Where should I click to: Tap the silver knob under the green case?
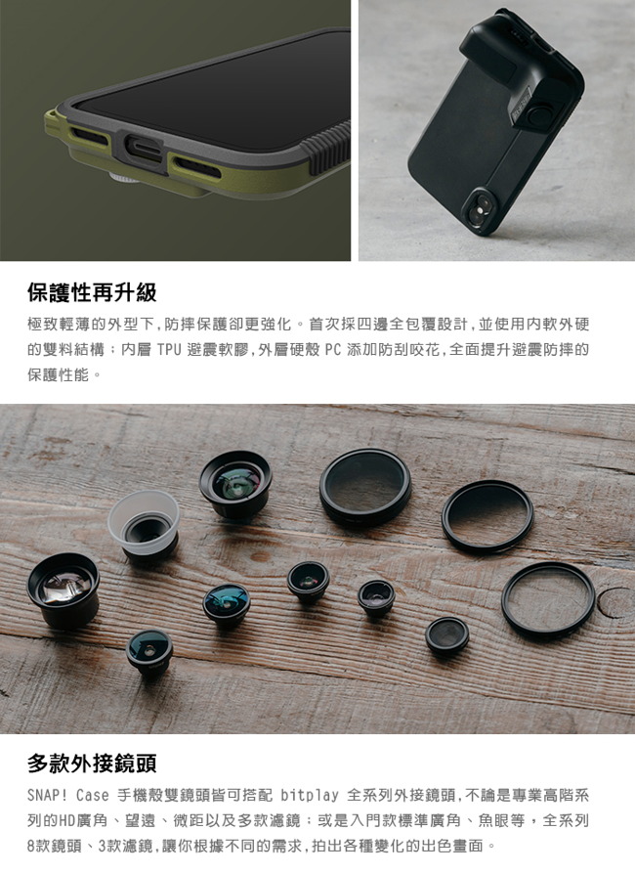121,178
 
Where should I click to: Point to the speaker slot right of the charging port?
201,160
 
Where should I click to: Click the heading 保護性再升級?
92,292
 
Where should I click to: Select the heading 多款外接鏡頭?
92,762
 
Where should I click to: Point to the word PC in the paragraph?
330,349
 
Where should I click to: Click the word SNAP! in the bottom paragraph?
48,795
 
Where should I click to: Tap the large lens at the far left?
63,589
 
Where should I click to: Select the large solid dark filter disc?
365,486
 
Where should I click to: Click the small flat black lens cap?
446,635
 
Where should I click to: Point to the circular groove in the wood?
615,602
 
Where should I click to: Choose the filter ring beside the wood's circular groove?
547,599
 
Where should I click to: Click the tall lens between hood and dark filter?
235,483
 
